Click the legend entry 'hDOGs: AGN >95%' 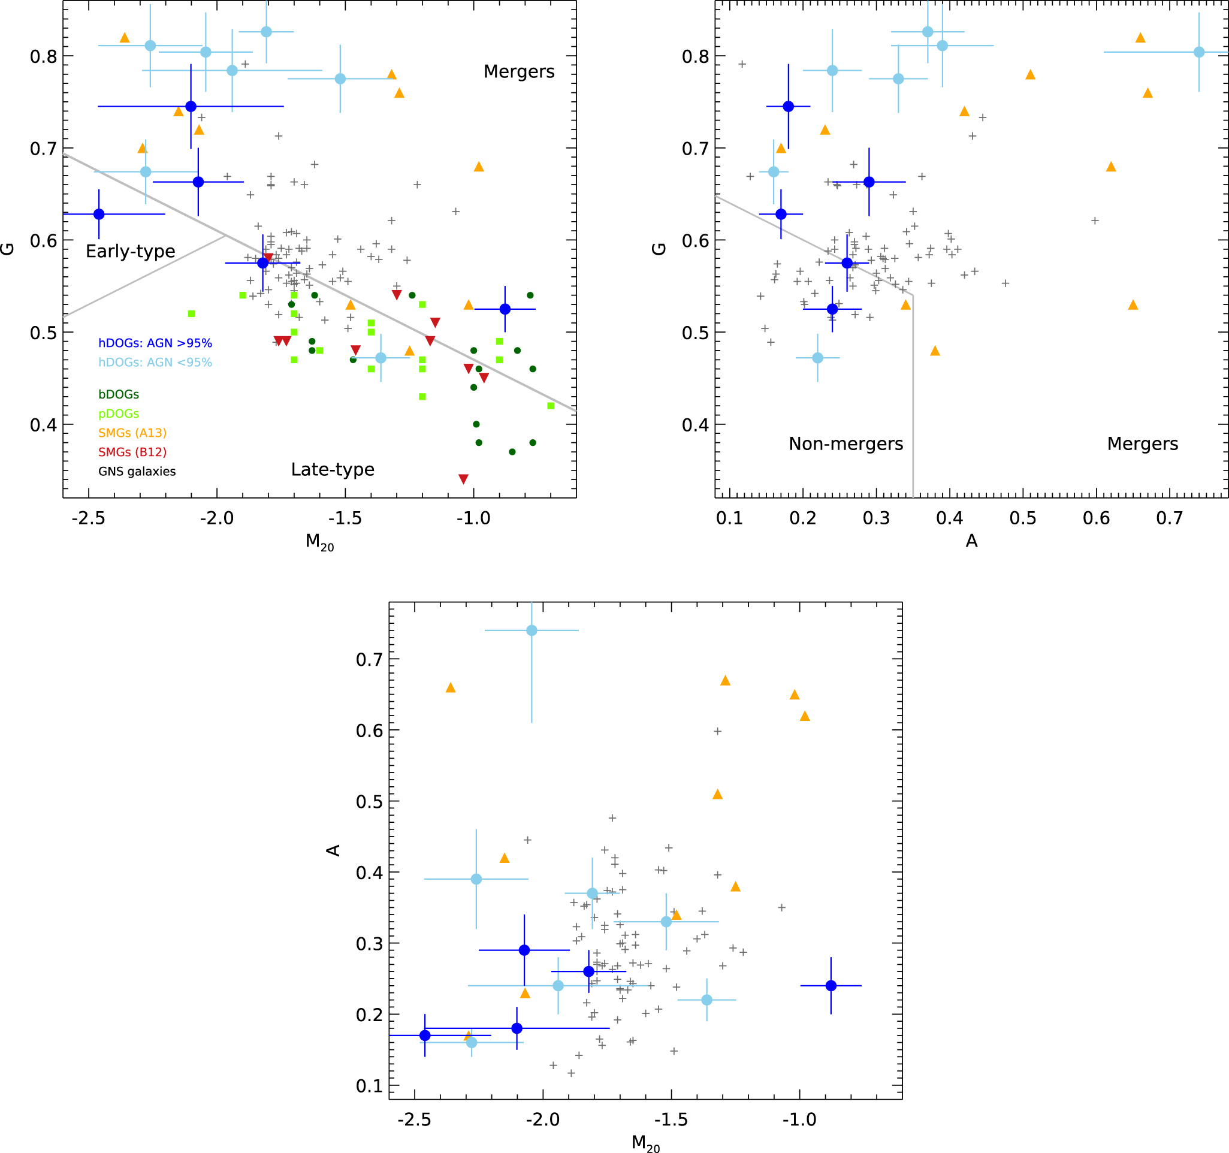[155, 343]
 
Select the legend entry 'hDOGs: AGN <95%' [155, 363]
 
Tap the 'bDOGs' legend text [119, 394]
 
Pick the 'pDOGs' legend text [119, 413]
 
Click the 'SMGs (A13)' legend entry [132, 433]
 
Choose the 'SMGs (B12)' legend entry [132, 452]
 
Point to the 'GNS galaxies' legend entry [137, 471]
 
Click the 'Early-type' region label [131, 251]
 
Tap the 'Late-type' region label [333, 469]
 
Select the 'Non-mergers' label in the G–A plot [845, 443]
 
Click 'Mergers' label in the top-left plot [519, 72]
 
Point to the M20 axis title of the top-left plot [319, 542]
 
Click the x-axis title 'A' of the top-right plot [971, 541]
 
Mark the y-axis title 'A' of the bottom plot [334, 850]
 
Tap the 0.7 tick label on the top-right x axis [1169, 518]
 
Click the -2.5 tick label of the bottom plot [414, 1119]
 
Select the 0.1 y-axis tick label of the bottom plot [369, 1086]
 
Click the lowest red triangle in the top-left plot [463, 479]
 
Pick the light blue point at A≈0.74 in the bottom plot [532, 630]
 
